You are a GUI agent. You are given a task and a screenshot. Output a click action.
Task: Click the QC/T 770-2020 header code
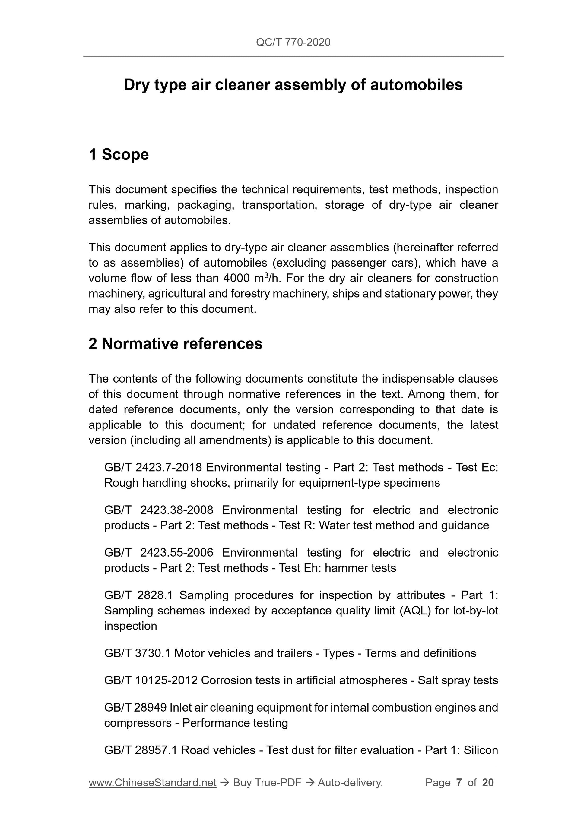pos(293,43)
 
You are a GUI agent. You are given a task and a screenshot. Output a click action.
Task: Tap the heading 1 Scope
pos(119,154)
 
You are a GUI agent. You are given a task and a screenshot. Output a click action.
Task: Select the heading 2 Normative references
pos(176,343)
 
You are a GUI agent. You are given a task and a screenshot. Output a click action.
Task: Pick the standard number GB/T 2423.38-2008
pos(159,510)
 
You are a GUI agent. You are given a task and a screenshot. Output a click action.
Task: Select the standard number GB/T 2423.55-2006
pos(159,553)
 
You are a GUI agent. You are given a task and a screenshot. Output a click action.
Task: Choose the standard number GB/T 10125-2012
pos(151,680)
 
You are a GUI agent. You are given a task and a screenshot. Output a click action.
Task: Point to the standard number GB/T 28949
pos(135,708)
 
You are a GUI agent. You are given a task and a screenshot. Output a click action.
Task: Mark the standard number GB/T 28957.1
pos(141,750)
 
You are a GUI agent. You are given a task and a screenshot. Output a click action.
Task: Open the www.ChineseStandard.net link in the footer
pos(152,783)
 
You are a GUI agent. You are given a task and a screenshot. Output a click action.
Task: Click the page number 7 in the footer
pos(459,783)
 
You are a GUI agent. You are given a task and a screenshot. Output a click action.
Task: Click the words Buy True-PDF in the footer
pos(267,783)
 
